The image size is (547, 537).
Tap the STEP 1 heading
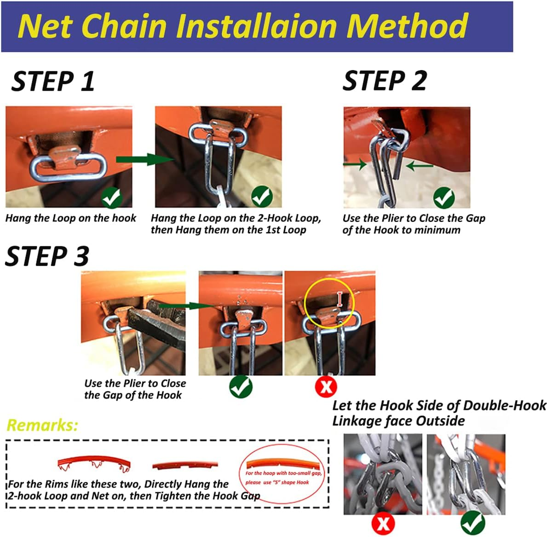[53, 82]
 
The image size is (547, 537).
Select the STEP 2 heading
[385, 81]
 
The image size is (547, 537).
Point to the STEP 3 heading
[47, 256]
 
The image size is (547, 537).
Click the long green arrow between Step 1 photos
[144, 160]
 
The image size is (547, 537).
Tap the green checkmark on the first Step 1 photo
[112, 198]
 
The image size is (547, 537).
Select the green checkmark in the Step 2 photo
[444, 198]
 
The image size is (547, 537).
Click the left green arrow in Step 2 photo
[355, 163]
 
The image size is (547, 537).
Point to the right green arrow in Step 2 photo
[420, 165]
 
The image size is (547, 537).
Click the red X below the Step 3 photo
[326, 386]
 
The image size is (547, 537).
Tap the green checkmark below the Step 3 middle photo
[241, 386]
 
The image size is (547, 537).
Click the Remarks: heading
[42, 425]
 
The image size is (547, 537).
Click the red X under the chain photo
[383, 524]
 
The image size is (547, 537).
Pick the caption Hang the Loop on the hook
[70, 218]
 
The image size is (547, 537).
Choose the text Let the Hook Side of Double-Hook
[439, 406]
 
